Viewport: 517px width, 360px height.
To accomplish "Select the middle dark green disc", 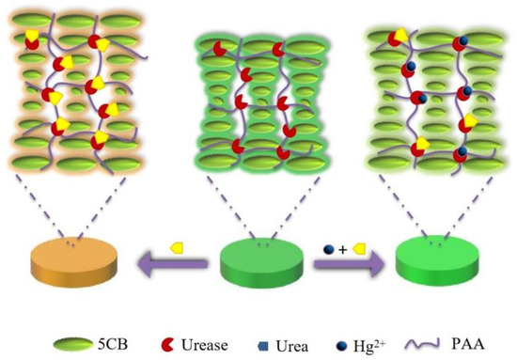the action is pyautogui.click(x=258, y=264).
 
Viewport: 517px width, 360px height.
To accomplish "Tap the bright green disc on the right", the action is pyautogui.click(x=436, y=264).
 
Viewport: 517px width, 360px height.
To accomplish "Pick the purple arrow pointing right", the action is pyautogui.click(x=347, y=266).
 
